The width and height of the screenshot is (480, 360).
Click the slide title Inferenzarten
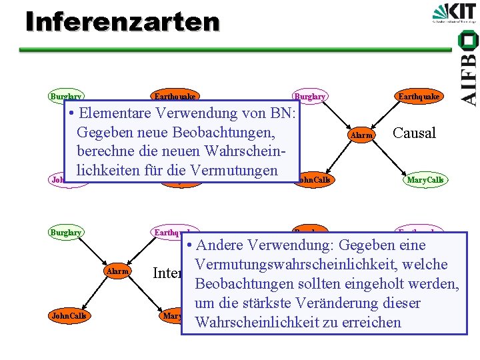[122, 21]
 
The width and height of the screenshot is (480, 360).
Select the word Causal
[414, 133]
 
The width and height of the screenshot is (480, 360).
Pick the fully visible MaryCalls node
[425, 179]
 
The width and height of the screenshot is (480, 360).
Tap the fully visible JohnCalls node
[70, 315]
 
